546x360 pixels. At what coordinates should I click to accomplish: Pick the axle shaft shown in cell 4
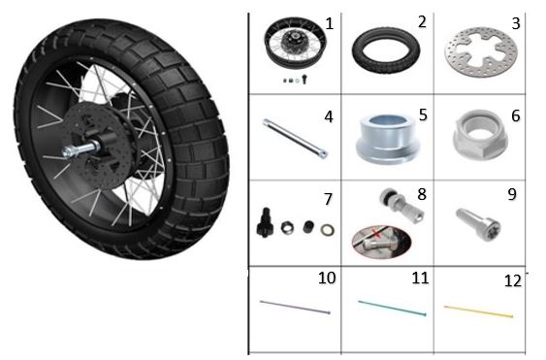tap(295, 139)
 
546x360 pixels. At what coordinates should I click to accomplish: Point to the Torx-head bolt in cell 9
tap(478, 223)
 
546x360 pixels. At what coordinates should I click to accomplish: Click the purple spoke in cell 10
tap(295, 307)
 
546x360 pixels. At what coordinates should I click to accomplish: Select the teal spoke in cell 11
tap(392, 308)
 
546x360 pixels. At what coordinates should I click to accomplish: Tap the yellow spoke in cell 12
tap(478, 311)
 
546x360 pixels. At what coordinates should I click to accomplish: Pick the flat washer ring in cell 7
tap(328, 230)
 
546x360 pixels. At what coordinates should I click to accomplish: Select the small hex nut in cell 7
tap(287, 228)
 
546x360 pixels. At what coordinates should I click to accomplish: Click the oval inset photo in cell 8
tap(382, 242)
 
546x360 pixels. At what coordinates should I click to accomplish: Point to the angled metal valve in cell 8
tap(401, 206)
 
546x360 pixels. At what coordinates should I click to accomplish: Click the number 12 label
tap(513, 280)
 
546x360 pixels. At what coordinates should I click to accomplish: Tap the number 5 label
tap(423, 115)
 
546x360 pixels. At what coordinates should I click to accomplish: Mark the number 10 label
tap(327, 278)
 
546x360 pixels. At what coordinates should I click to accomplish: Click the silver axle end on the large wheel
tap(78, 149)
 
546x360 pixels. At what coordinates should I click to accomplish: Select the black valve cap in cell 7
tap(307, 226)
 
